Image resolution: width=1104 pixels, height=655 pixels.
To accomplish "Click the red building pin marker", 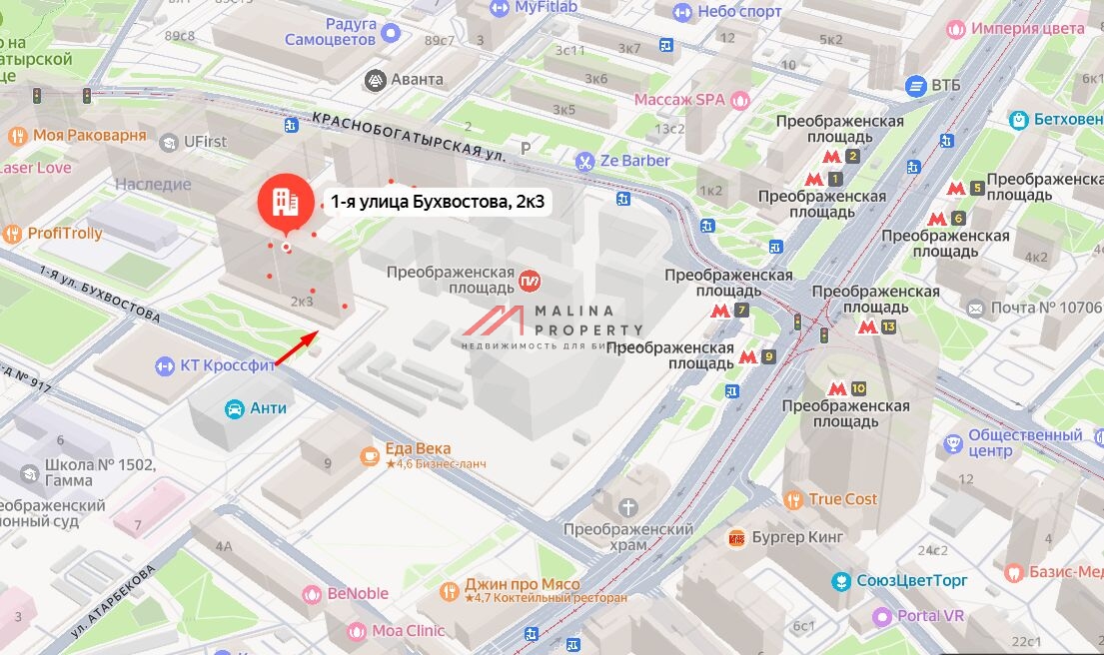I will tap(285, 203).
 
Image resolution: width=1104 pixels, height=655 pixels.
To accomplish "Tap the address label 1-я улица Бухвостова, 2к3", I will tap(442, 203).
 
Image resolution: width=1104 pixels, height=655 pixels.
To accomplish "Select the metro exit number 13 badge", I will tap(888, 327).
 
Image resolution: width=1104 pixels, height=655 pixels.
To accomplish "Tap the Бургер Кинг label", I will tap(798, 537).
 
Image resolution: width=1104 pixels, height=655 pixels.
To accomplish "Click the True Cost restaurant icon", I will tap(794, 499).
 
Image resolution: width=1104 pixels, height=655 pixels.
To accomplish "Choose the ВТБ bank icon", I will tap(915, 86).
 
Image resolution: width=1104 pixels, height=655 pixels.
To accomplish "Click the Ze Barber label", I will tap(635, 161).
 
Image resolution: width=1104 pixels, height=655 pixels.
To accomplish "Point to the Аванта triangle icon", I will tap(376, 80).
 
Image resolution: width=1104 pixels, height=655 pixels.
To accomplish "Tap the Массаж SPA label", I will tap(679, 100).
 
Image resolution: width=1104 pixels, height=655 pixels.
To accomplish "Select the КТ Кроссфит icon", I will tap(165, 366).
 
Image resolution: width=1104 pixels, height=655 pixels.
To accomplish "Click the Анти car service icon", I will tap(234, 408).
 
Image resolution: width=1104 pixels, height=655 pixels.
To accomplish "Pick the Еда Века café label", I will tap(418, 449).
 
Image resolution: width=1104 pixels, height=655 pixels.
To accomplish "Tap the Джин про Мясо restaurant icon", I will tap(451, 591).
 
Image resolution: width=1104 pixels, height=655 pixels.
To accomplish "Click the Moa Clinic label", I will tap(408, 631).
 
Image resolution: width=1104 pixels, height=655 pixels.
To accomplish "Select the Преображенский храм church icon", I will tap(628, 508).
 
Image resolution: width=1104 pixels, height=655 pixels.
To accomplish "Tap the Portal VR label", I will tap(930, 616).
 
